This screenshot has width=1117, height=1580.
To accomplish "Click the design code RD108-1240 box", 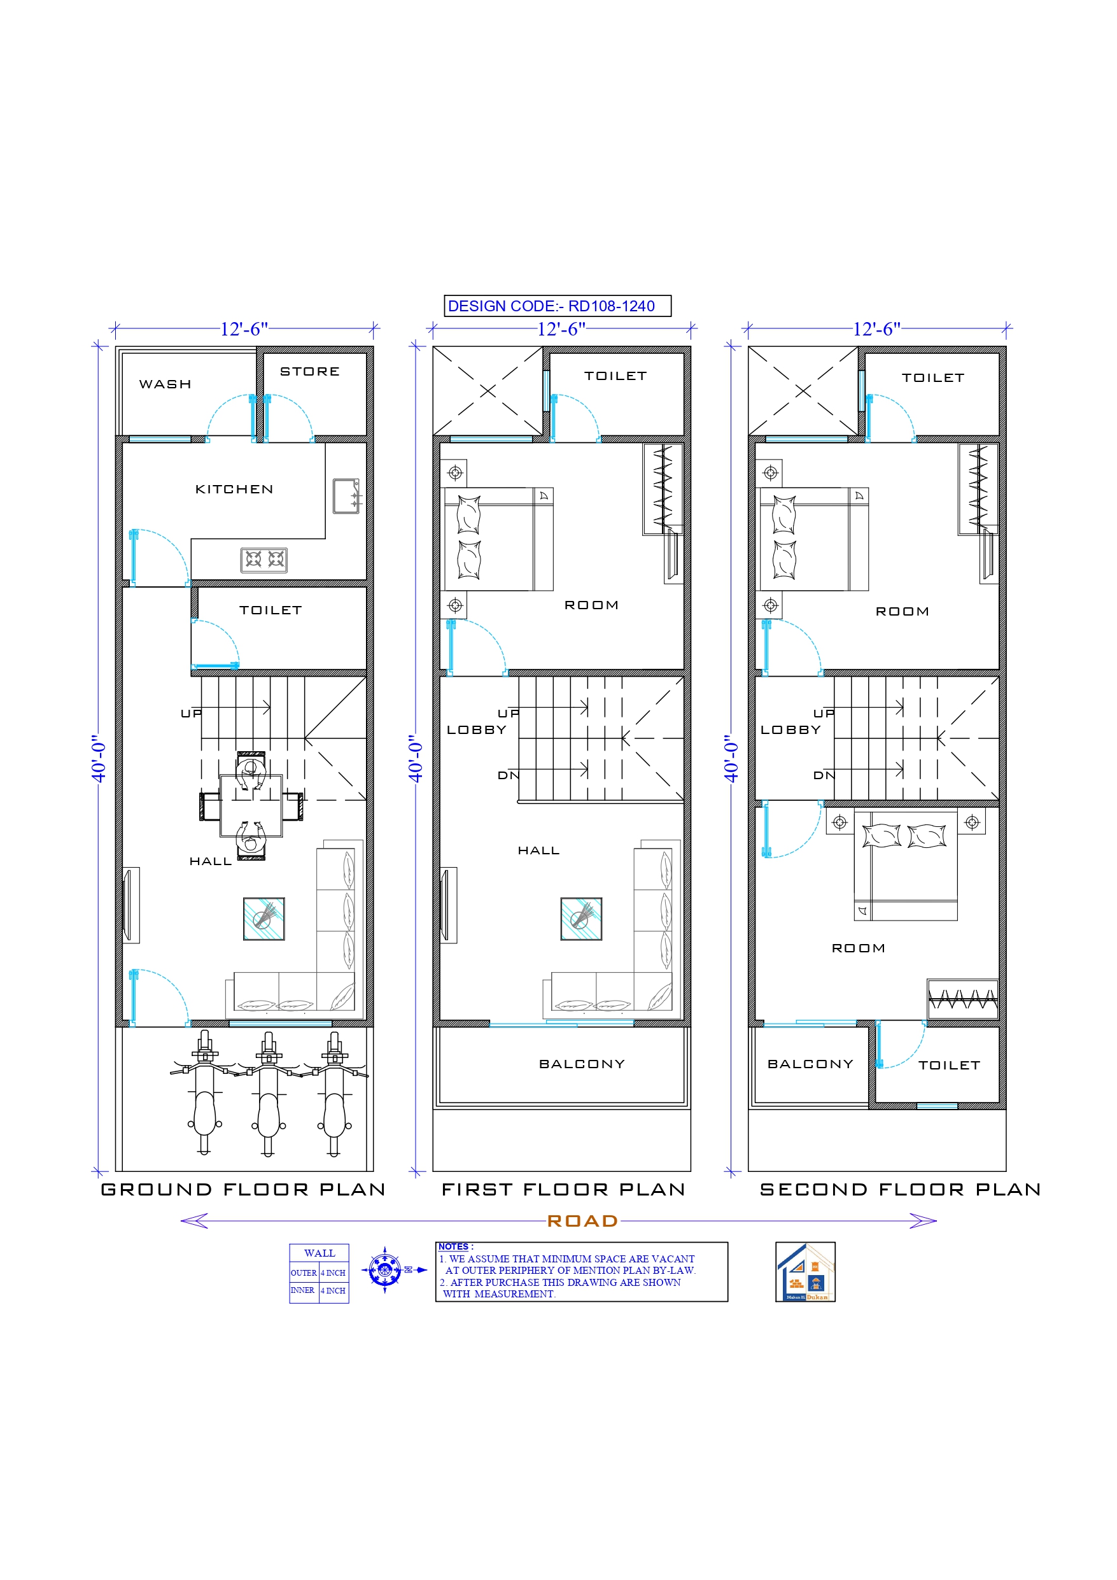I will click(557, 306).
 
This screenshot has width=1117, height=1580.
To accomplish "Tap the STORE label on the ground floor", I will click(310, 372).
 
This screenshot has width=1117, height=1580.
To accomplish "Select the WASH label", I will click(165, 384).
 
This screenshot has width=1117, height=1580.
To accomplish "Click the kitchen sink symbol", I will click(346, 495).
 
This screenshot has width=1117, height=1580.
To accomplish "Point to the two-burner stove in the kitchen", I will click(263, 560).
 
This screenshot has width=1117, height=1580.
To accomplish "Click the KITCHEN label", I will click(234, 490).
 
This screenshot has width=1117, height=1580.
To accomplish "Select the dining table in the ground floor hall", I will click(251, 806).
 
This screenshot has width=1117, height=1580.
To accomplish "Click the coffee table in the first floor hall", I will click(581, 919).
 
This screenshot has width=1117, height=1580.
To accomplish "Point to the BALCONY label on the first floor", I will click(582, 1064).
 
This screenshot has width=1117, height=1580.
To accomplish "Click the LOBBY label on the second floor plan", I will click(790, 730).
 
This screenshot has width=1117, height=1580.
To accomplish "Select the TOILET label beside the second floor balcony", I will click(949, 1065).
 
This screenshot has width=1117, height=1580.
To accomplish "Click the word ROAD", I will click(582, 1221).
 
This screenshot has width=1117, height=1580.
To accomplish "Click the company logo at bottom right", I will click(804, 1272).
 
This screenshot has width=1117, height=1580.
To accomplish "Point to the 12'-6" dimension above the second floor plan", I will click(876, 329).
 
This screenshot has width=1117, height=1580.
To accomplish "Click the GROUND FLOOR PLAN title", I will click(243, 1189).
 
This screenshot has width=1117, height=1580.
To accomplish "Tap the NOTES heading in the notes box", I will click(454, 1246).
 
